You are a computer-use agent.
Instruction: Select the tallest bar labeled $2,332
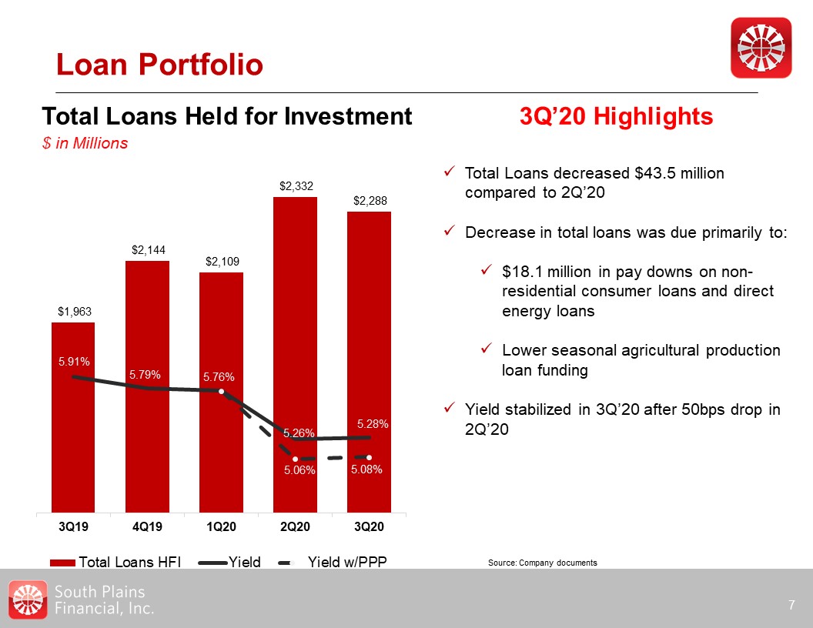[295, 308]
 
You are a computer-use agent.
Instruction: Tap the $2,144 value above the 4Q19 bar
[147, 249]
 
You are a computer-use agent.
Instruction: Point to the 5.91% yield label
[74, 360]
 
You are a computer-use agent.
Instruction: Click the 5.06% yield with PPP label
[296, 470]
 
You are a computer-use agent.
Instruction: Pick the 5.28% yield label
[373, 424]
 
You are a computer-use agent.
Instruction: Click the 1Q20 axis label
[221, 527]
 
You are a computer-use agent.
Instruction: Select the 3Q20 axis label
[369, 527]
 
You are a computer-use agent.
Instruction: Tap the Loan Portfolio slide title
[159, 65]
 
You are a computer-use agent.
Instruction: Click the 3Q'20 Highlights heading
[616, 117]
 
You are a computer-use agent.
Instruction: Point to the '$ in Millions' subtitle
[85, 143]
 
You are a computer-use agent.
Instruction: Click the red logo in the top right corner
[761, 47]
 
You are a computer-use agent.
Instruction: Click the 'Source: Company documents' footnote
[542, 563]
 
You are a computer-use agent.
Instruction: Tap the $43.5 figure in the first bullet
[651, 173]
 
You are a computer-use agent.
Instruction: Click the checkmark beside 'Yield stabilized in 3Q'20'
[450, 409]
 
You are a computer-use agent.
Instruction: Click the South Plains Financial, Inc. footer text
[105, 600]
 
